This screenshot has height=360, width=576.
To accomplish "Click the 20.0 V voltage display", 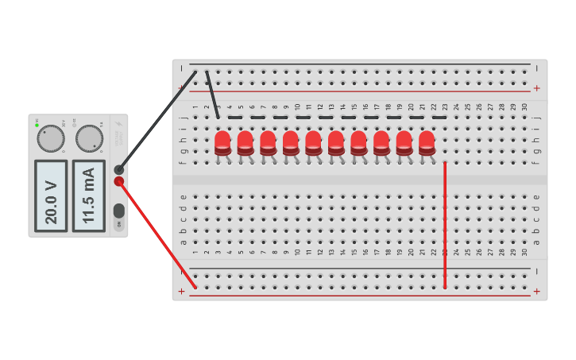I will pos(51,196).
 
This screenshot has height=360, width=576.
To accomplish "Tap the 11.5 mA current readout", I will pos(89,196).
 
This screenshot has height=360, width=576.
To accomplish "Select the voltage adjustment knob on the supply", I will pos(51,139).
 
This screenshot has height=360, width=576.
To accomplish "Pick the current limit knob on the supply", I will pos(89,139).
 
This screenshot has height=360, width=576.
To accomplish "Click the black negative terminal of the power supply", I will pos(119,169).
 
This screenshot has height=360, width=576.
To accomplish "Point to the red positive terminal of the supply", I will pos(119,181).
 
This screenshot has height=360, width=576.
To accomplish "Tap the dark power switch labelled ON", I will pos(119,211).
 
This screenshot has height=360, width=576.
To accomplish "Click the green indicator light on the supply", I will pos(37,125).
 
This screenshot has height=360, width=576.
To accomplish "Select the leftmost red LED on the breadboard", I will pos(222,143).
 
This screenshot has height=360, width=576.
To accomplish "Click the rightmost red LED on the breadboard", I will pos(427,143).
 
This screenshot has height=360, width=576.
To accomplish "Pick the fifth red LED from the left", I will pos(314,143).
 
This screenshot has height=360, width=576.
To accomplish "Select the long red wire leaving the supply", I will pos(157,234).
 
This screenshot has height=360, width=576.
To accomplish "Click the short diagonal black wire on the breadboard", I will pos(213,95).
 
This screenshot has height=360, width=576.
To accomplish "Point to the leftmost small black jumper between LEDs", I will pos(234,118).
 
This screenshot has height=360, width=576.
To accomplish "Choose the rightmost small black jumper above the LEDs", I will pos(439,118).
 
